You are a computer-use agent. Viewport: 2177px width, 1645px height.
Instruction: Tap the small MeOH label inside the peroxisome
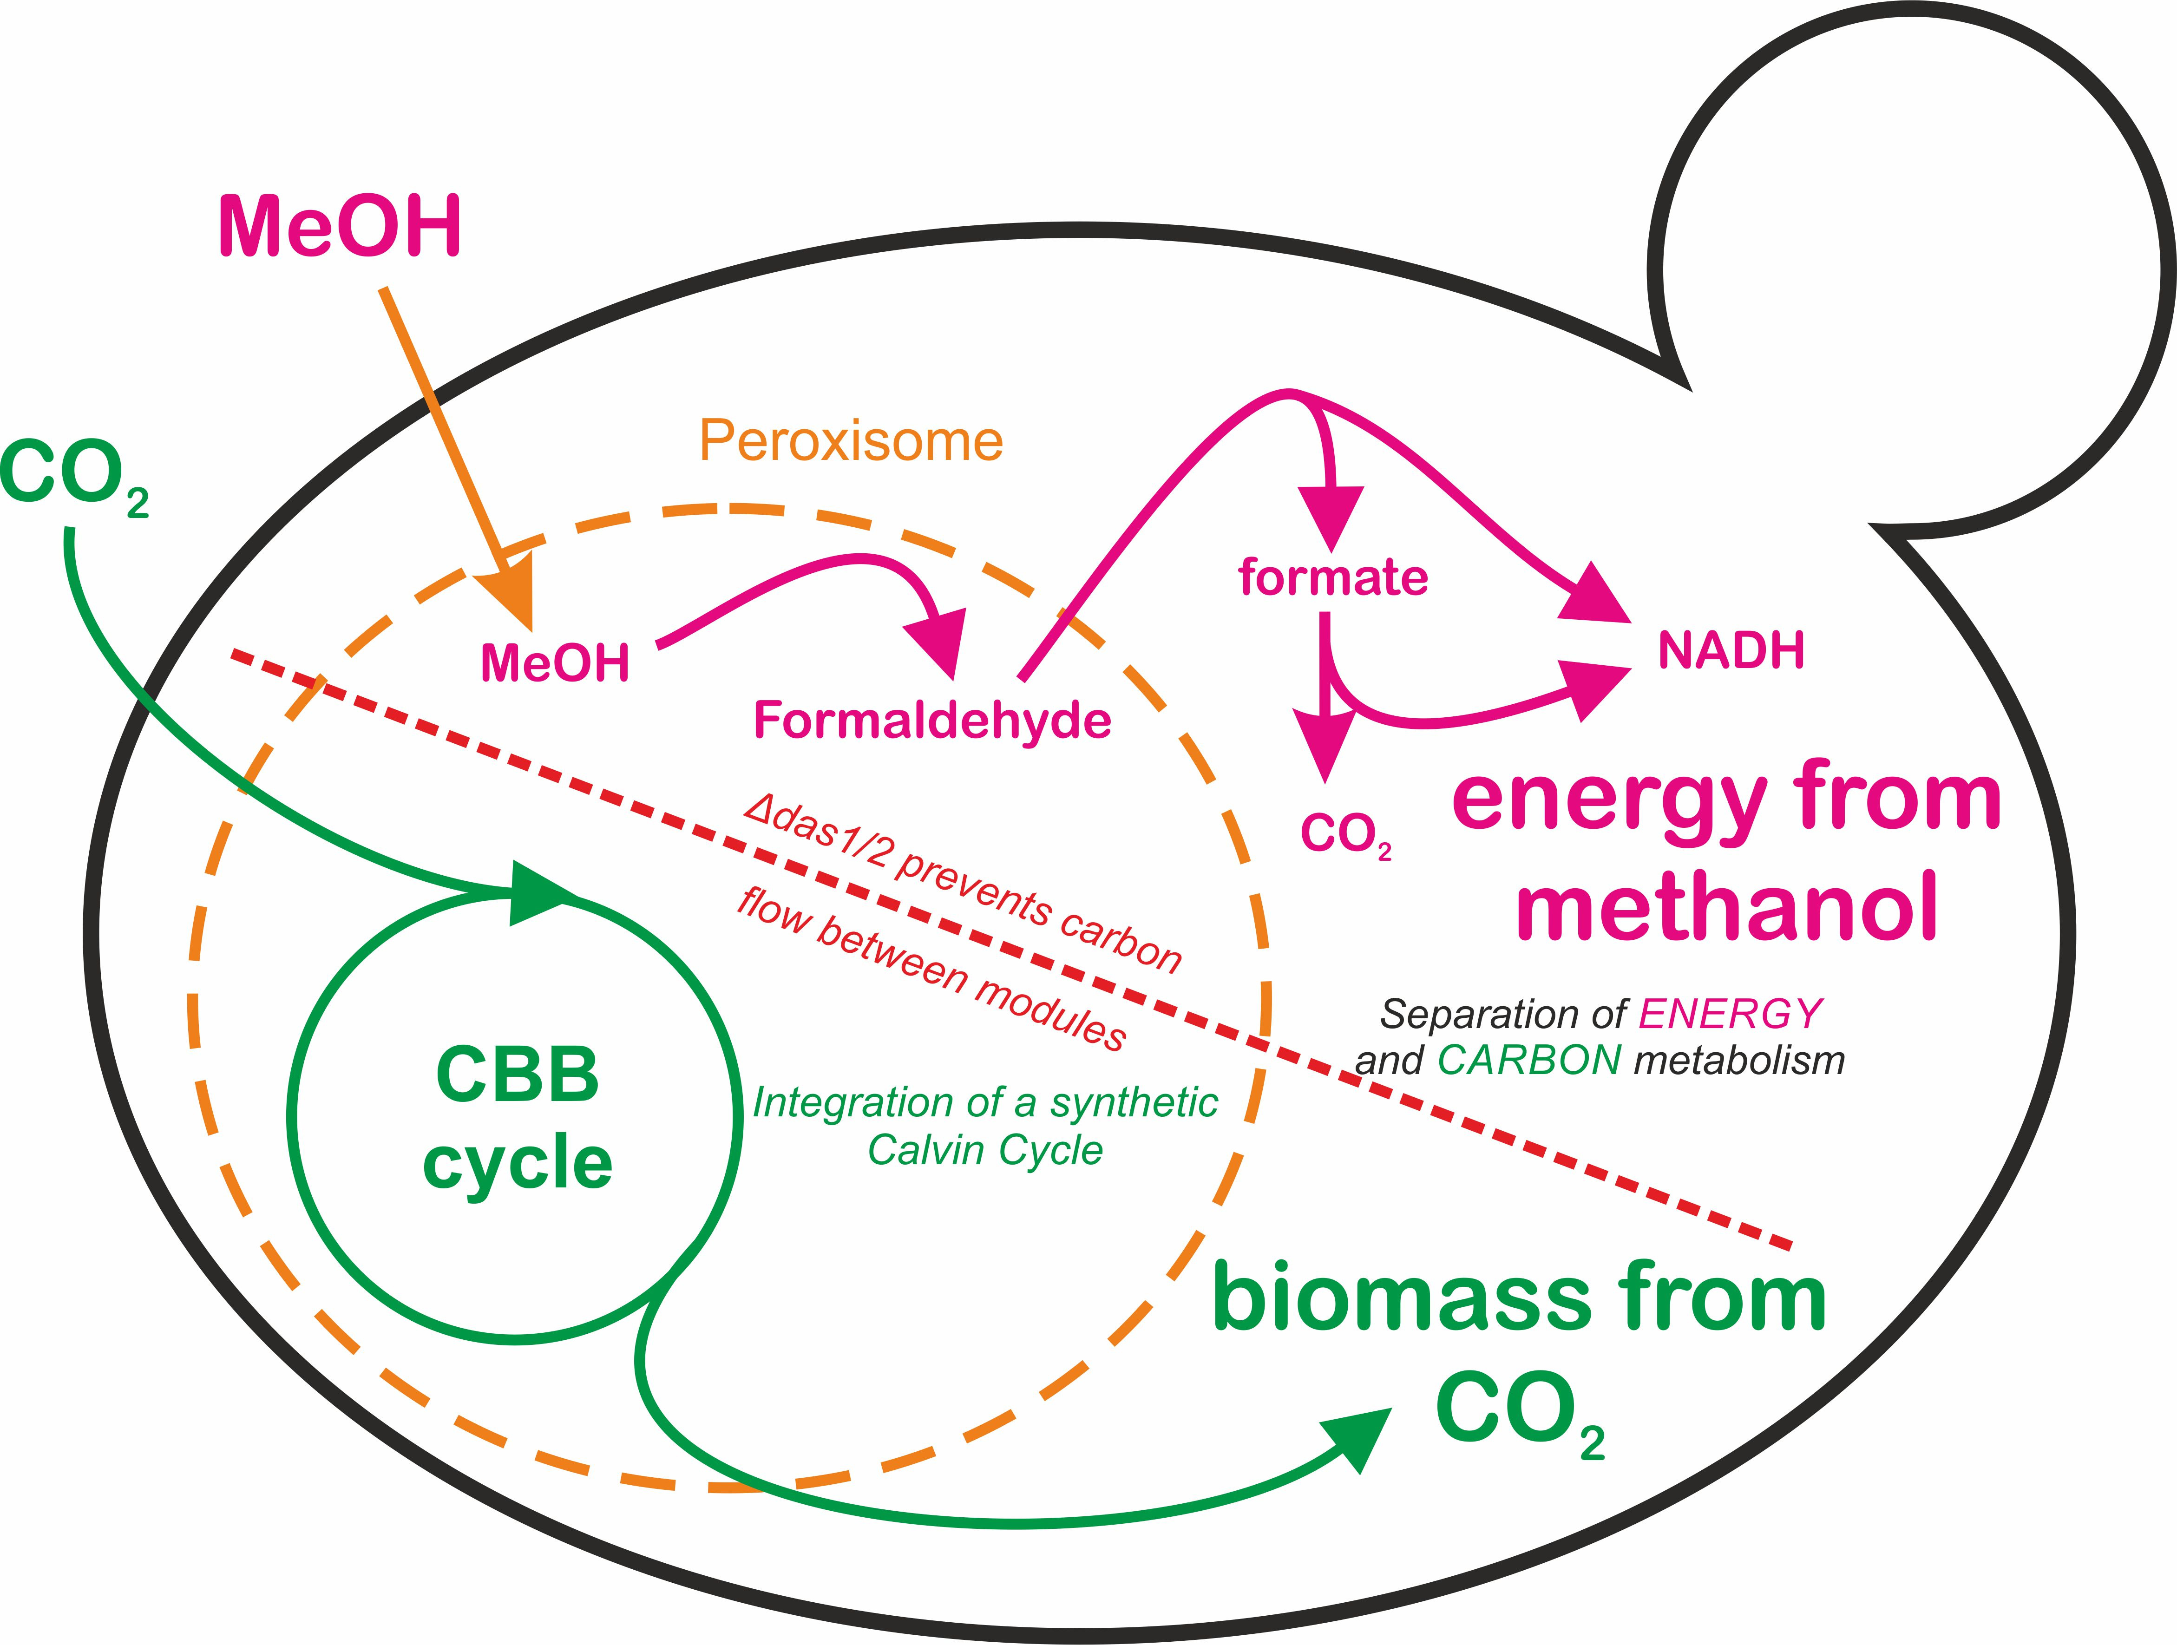tap(554, 663)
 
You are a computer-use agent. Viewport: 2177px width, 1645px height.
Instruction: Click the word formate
tap(1332, 577)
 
